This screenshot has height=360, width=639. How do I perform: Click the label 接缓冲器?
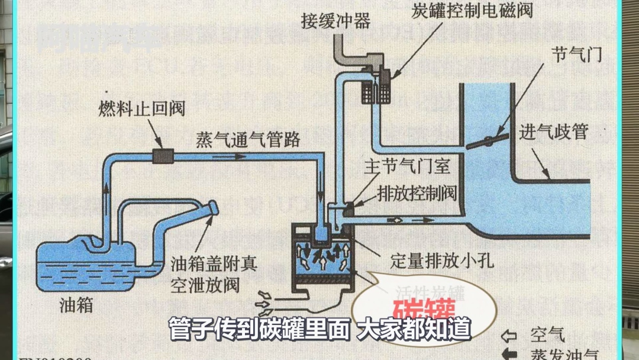tap(335, 22)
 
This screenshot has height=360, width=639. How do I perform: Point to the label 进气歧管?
tap(554, 131)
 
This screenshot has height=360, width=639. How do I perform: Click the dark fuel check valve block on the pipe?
tap(162, 156)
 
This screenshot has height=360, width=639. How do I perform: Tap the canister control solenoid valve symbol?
tap(376, 88)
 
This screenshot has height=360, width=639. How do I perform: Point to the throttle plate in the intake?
tap(488, 141)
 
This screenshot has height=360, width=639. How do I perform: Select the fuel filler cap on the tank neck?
tap(211, 209)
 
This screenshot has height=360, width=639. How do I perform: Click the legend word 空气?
tap(548, 335)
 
